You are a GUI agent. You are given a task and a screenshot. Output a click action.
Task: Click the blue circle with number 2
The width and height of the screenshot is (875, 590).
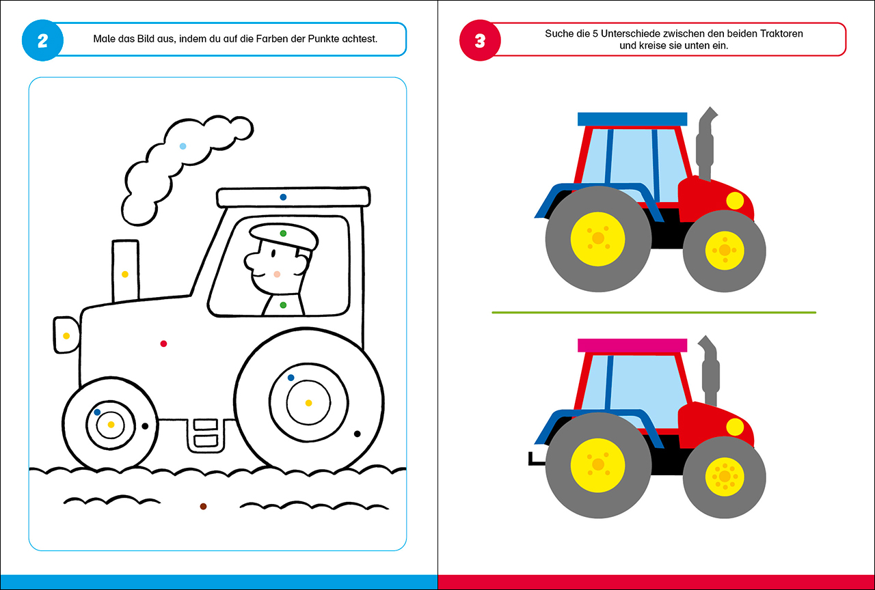pyautogui.click(x=42, y=40)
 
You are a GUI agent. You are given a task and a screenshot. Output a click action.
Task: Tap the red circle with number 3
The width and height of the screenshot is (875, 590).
pyautogui.click(x=480, y=40)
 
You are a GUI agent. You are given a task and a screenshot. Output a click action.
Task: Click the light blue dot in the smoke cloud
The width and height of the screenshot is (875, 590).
pyautogui.click(x=183, y=146)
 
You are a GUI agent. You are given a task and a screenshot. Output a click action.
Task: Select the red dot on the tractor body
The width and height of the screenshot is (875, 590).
pyautogui.click(x=163, y=343)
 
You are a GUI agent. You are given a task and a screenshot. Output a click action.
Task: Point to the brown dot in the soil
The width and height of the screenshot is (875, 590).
pyautogui.click(x=203, y=507)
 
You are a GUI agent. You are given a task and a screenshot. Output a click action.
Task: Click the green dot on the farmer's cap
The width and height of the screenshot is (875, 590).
pyautogui.click(x=283, y=234)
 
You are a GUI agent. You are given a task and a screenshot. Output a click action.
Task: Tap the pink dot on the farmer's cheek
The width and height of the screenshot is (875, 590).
pyautogui.click(x=277, y=275)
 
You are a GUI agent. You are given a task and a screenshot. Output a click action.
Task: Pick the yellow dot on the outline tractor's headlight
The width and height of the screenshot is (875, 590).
pyautogui.click(x=66, y=336)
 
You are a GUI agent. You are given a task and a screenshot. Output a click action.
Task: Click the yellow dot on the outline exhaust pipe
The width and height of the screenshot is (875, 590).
pyautogui.click(x=125, y=275)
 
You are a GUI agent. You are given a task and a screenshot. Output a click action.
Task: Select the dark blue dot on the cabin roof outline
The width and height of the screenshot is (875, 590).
pyautogui.click(x=283, y=197)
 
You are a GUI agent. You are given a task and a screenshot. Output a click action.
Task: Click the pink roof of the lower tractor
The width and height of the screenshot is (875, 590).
pyautogui.click(x=632, y=346)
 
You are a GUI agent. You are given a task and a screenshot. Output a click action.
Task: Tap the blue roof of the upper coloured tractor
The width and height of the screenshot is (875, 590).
pyautogui.click(x=632, y=120)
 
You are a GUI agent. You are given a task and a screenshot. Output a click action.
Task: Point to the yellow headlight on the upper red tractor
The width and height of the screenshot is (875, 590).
pyautogui.click(x=735, y=201)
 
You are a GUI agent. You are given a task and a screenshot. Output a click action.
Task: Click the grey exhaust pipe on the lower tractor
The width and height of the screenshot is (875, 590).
pyautogui.click(x=710, y=371)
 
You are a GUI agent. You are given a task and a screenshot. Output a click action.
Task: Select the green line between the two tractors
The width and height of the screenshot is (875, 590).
pyautogui.click(x=654, y=313)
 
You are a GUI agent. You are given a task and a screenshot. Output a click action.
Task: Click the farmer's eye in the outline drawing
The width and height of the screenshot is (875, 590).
pyautogui.click(x=273, y=253)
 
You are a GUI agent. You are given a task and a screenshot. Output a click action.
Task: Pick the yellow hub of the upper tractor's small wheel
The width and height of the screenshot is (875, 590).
pyautogui.click(x=725, y=250)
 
